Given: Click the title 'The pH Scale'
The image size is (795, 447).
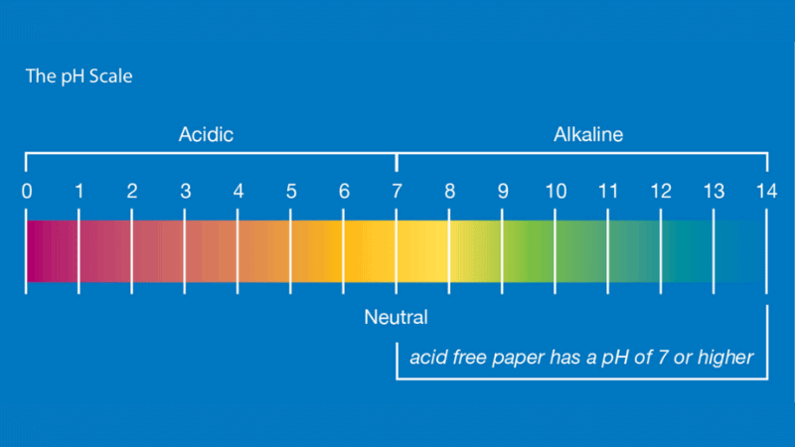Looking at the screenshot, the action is [79, 76].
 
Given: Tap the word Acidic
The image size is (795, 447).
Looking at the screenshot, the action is [206, 135].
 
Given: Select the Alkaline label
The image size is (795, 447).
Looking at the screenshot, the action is [588, 135].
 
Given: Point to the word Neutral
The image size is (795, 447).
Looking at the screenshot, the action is [396, 317].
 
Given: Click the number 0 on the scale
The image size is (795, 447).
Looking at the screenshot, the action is [27, 192].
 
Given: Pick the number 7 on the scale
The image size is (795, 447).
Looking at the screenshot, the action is [397, 192].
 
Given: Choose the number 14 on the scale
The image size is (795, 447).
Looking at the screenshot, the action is [766, 192].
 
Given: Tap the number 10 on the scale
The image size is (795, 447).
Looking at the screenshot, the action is [556, 192].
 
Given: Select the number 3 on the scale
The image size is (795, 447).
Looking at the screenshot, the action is [186, 192].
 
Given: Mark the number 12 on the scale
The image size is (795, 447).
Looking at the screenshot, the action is [661, 192].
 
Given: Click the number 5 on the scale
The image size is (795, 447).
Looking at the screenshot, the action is [291, 192].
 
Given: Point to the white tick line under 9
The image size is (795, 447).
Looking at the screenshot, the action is [502, 251].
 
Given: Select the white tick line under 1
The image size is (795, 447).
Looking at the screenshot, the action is [79, 251].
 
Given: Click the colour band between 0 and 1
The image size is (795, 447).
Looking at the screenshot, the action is [53, 251].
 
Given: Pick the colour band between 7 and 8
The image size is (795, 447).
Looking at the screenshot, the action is [422, 251].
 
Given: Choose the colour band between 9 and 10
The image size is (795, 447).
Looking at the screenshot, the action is [529, 251].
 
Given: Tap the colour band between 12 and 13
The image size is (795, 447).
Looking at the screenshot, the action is [687, 251].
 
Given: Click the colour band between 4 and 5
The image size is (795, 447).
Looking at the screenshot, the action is [263, 251].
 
